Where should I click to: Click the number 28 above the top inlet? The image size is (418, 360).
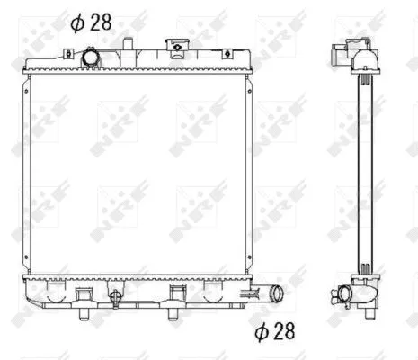pyautogui.click(x=101, y=22)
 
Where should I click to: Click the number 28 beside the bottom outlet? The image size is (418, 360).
pyautogui.click(x=284, y=331)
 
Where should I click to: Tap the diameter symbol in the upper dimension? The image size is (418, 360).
pyautogui.click(x=77, y=22)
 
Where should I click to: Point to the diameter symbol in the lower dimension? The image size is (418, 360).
pyautogui.click(x=262, y=332)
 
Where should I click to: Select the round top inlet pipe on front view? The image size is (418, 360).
pyautogui.click(x=90, y=58)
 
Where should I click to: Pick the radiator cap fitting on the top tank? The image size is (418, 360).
pyautogui.click(x=176, y=48)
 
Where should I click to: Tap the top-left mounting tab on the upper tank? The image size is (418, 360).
pyautogui.click(x=68, y=54)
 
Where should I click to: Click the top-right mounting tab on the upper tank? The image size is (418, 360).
pyautogui.click(x=227, y=54)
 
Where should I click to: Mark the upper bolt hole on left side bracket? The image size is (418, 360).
pyautogui.click(x=26, y=91)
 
